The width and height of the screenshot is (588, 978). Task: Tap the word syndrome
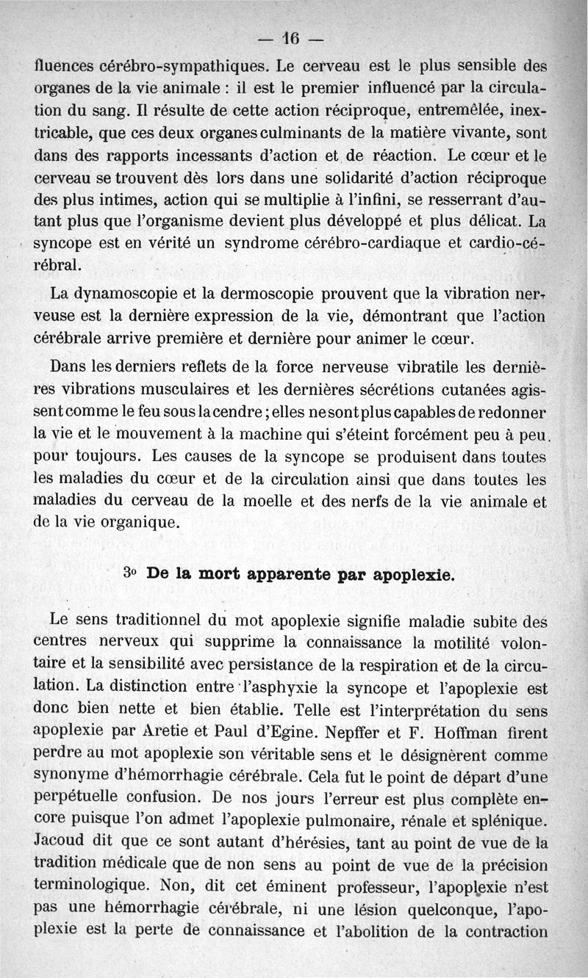(x=244, y=246)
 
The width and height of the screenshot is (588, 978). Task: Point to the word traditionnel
(x=150, y=622)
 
